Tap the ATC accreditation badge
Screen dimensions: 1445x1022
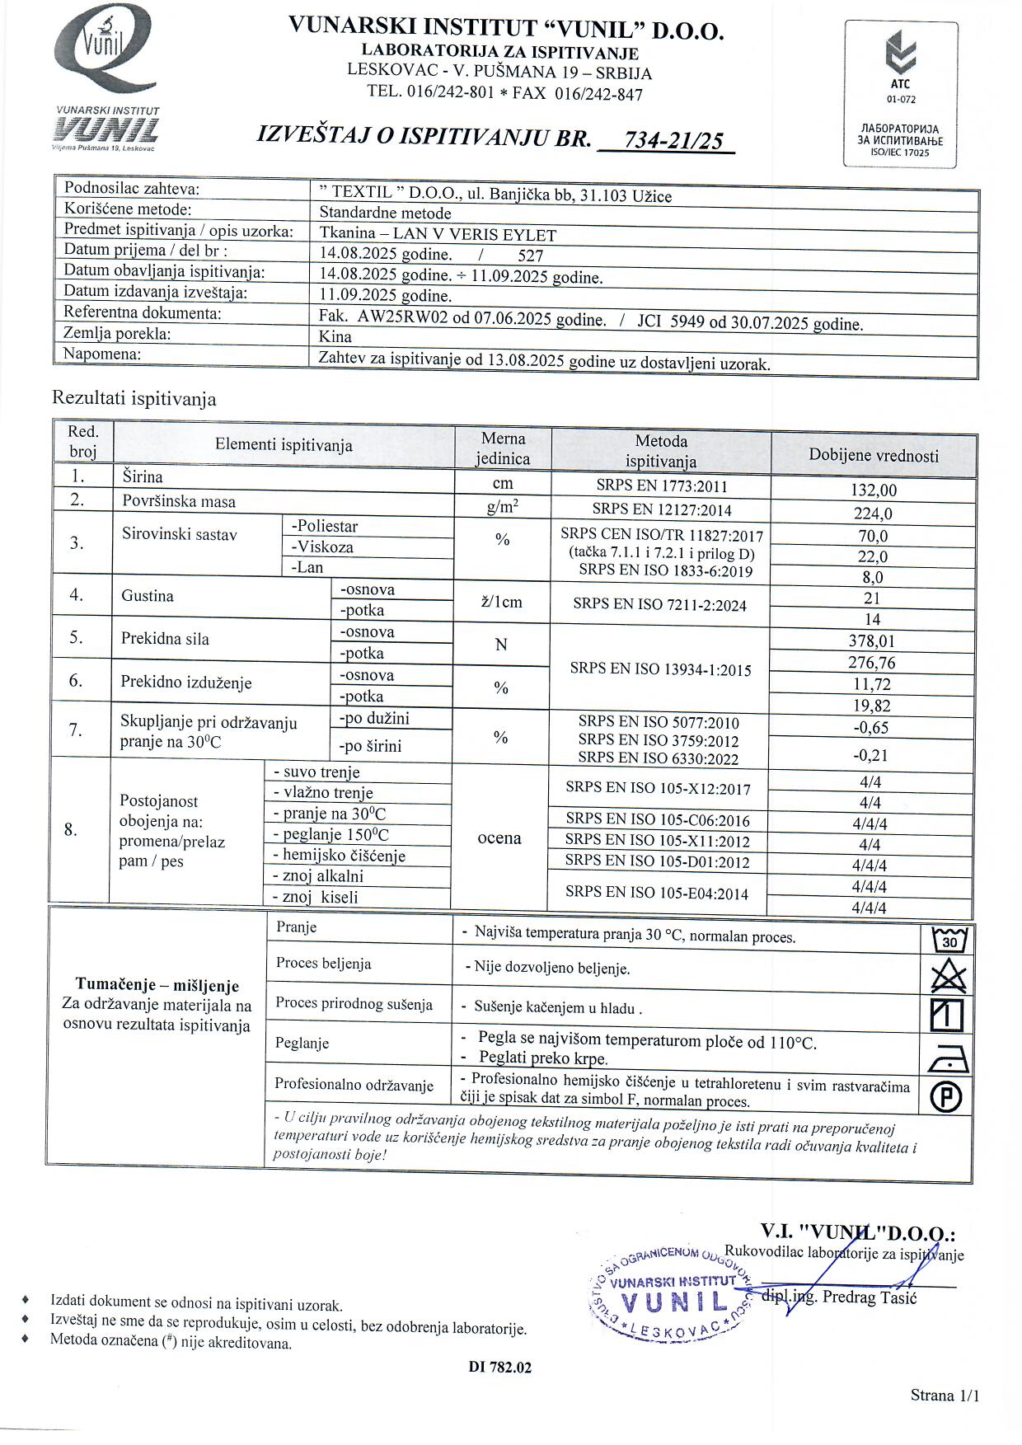(x=901, y=95)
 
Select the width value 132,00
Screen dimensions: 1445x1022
(x=873, y=490)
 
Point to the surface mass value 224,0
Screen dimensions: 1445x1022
(x=873, y=514)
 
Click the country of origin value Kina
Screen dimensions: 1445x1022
(x=335, y=336)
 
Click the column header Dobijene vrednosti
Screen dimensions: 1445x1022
(x=873, y=455)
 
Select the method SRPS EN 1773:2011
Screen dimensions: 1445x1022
(x=661, y=486)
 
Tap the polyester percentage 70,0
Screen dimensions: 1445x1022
(x=873, y=536)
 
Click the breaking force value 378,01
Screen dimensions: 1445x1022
(x=872, y=641)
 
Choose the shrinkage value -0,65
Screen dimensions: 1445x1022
(x=872, y=728)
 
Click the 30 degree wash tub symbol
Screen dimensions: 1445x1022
(x=948, y=939)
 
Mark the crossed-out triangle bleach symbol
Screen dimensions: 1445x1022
(x=948, y=977)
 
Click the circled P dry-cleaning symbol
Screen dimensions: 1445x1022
(x=947, y=1096)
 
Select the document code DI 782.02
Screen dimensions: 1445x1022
(x=500, y=1368)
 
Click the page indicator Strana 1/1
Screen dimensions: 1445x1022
(x=945, y=1396)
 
